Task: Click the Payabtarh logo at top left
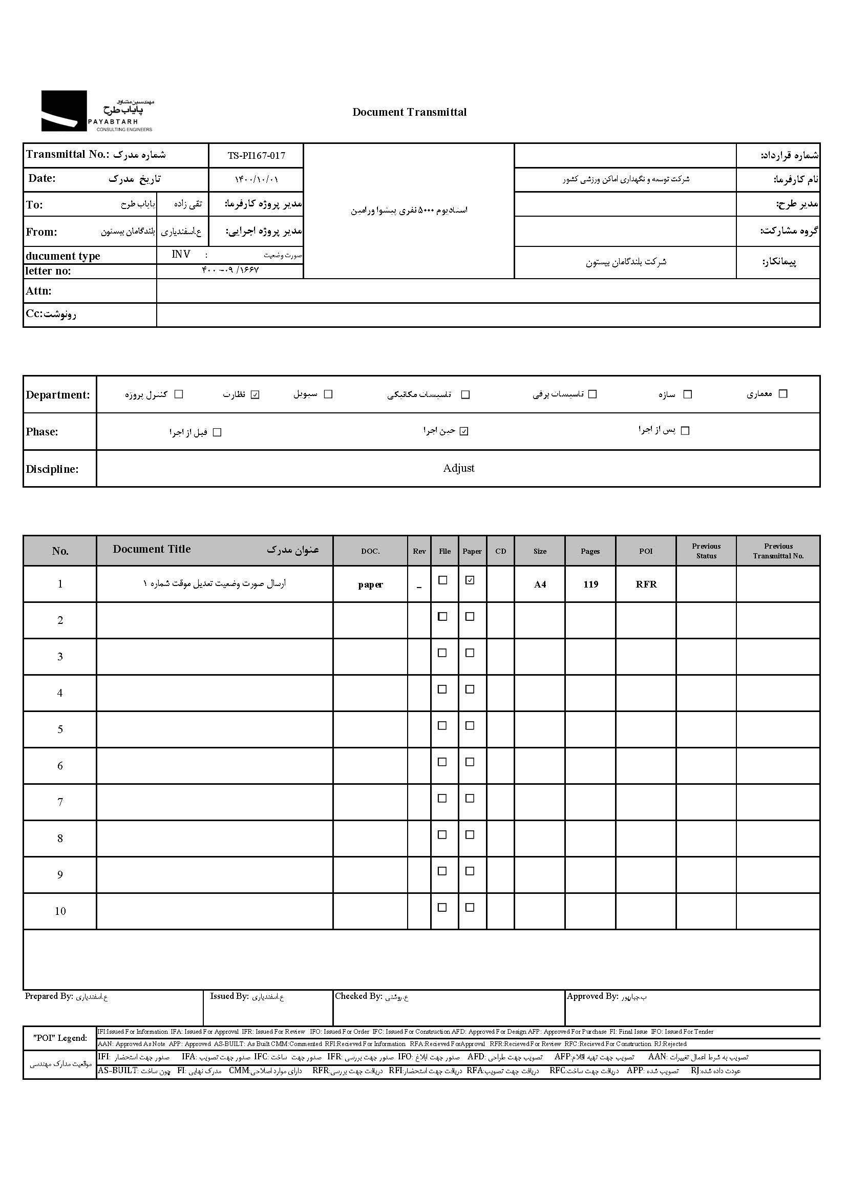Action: [97, 111]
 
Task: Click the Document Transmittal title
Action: [410, 112]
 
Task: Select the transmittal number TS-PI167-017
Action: [256, 155]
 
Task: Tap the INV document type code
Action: [181, 255]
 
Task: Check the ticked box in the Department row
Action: [255, 394]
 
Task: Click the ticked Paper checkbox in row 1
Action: [470, 580]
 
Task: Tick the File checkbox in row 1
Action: [443, 580]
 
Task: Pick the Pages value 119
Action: [590, 584]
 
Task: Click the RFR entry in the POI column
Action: [646, 584]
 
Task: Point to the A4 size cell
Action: [540, 584]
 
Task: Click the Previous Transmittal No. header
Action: [778, 551]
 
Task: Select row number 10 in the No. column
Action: [60, 911]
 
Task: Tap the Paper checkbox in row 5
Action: [470, 726]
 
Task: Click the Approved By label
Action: [592, 996]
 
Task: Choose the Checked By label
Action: [358, 996]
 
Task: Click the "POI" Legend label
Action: [60, 1038]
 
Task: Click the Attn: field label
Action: [38, 291]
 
